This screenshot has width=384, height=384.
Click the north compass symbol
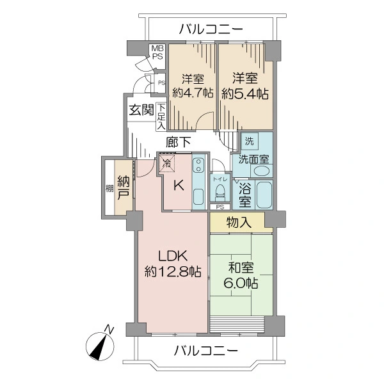pyautogui.click(x=100, y=346)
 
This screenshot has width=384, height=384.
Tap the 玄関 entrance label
pyautogui.click(x=141, y=109)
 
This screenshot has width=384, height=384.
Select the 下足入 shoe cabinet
pyautogui.click(x=161, y=117)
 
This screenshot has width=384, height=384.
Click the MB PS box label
pyautogui.click(x=157, y=52)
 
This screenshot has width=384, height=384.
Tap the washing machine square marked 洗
pyautogui.click(x=250, y=141)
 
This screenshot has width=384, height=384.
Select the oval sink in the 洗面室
pyautogui.click(x=262, y=171)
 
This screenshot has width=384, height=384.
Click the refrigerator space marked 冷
pyautogui.click(x=167, y=163)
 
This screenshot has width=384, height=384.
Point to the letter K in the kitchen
pyautogui.click(x=179, y=186)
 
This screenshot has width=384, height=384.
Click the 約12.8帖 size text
pyautogui.click(x=173, y=271)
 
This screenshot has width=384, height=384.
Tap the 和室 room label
pyautogui.click(x=241, y=268)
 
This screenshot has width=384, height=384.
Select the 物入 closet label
pyautogui.click(x=239, y=222)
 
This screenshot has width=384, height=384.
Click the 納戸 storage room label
pyautogui.click(x=123, y=188)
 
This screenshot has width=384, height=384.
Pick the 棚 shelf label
pyautogui.click(x=109, y=189)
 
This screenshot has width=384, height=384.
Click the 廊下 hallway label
pyautogui.click(x=179, y=142)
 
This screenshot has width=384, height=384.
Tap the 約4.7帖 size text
pyautogui.click(x=193, y=93)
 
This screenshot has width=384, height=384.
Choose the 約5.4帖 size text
pyautogui.click(x=245, y=93)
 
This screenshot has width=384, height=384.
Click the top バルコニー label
pyautogui.click(x=211, y=29)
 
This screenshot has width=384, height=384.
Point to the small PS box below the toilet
pyautogui.click(x=220, y=207)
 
